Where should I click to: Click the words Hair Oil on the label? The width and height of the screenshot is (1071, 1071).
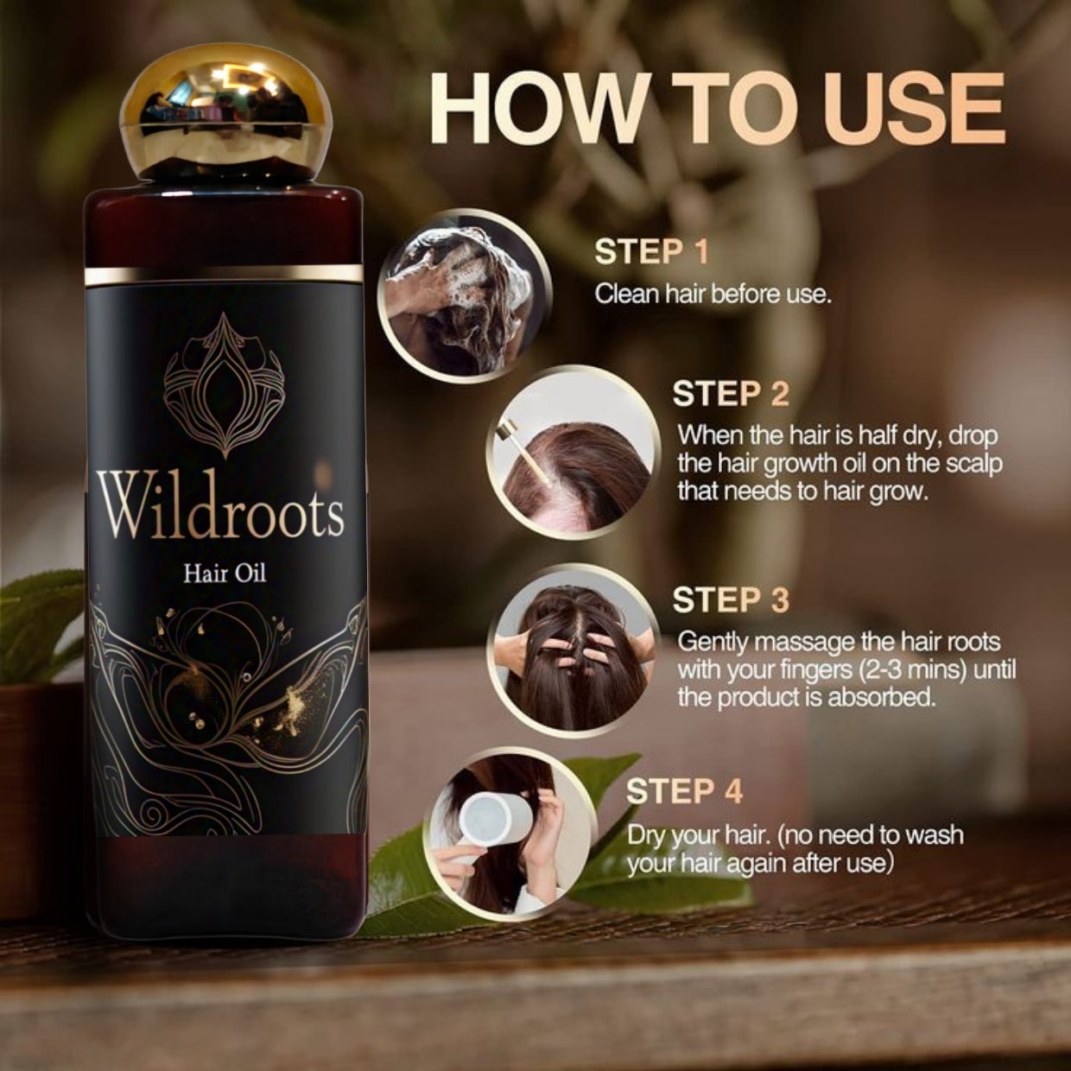tap(225, 573)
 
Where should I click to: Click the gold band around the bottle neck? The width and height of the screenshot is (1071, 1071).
tap(224, 274)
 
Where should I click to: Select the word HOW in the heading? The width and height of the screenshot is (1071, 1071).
tap(536, 114)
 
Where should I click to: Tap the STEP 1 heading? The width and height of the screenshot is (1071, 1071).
tap(651, 252)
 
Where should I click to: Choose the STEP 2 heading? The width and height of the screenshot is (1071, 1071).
tap(731, 394)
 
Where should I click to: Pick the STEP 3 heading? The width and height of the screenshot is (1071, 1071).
tap(731, 599)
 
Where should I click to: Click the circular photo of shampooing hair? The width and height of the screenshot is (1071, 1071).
tap(464, 295)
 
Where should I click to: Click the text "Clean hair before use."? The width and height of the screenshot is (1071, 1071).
tap(713, 294)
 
